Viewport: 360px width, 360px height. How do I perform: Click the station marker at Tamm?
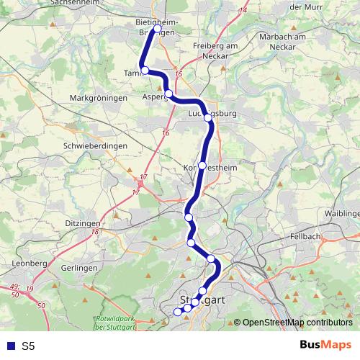click(x=145, y=70)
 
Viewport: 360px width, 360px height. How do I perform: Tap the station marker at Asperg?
click(x=168, y=94)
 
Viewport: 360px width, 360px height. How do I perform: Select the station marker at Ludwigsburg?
click(x=207, y=117)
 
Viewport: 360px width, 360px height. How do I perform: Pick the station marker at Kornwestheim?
click(x=202, y=166)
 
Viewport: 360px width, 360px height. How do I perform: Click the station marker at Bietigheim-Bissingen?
click(x=156, y=30)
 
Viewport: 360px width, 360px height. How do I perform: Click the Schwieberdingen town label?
click(x=96, y=145)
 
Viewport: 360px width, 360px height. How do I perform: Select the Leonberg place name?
click(x=30, y=264)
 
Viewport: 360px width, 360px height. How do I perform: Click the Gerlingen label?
click(x=79, y=267)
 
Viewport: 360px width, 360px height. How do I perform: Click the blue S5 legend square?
click(x=9, y=346)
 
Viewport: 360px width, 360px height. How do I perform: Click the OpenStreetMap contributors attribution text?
click(x=297, y=323)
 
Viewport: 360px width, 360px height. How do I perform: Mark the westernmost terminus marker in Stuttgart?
click(x=178, y=311)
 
